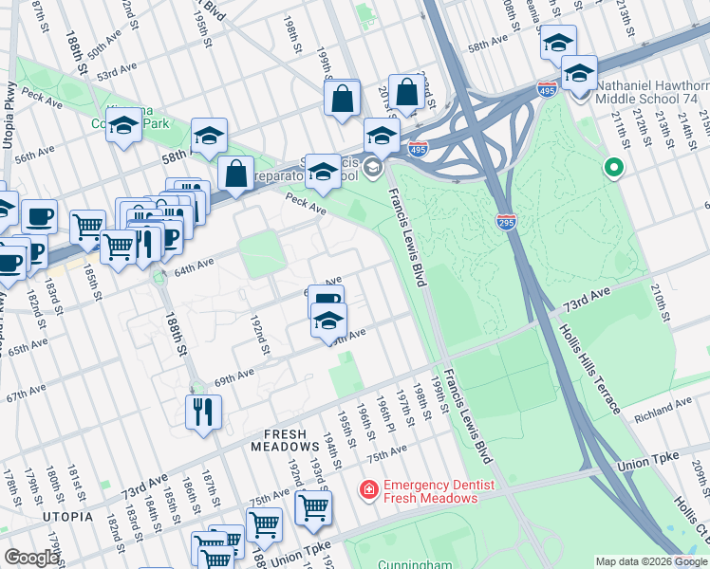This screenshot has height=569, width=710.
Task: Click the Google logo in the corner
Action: tap(30, 558)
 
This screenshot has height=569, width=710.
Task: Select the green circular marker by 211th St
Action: tap(614, 170)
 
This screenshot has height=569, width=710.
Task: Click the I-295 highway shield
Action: tap(506, 221)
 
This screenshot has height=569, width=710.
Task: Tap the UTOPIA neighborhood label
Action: tap(66, 517)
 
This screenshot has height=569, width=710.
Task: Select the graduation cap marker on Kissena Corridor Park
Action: tap(124, 125)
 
